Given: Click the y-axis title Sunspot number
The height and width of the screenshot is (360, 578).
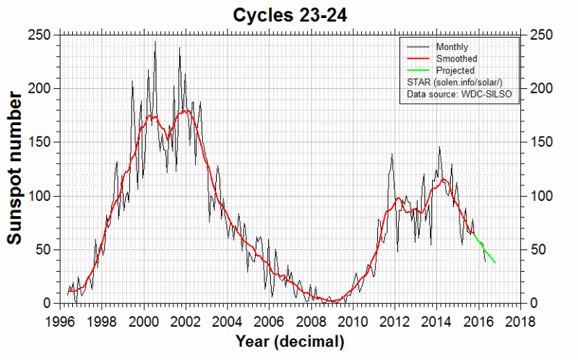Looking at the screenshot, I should pos(16,168).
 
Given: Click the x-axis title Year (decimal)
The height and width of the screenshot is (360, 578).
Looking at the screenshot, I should pos(289,340).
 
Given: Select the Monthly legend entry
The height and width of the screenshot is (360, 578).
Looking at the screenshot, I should pos(452,46).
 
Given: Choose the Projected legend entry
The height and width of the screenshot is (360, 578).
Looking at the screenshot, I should pos(454,71).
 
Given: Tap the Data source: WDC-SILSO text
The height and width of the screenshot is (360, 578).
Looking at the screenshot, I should pos(459,95).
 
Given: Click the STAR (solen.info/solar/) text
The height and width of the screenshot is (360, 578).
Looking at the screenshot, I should pos(459,83).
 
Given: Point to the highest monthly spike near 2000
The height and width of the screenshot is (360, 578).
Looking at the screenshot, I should pos(155,43).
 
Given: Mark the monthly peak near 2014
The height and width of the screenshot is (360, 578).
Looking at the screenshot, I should pos(439,148).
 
